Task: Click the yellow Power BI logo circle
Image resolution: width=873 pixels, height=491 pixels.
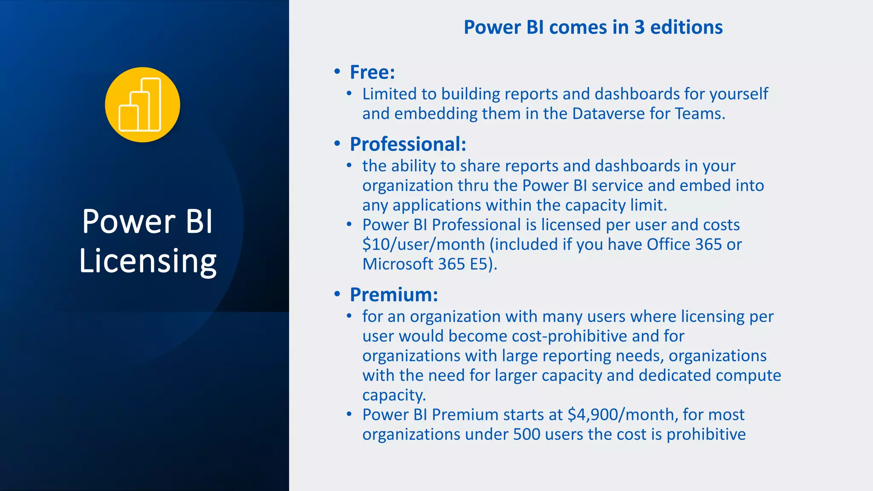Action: [142, 105]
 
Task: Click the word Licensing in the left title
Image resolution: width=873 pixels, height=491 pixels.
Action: [148, 261]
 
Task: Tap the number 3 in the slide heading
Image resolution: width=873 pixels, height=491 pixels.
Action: [639, 27]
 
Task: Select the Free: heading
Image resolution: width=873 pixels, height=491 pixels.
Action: [372, 72]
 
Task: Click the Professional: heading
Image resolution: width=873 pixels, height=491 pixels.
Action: [408, 144]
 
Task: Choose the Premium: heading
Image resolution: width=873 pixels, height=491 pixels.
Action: [394, 295]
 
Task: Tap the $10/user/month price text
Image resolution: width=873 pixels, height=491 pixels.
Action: [424, 245]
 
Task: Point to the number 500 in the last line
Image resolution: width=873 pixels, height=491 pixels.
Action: [526, 434]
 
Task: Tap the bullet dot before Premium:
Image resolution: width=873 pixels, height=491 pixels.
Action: [337, 294]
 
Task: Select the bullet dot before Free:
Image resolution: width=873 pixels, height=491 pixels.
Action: [337, 72]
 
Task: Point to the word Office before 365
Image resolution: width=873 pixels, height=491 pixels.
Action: [668, 245]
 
